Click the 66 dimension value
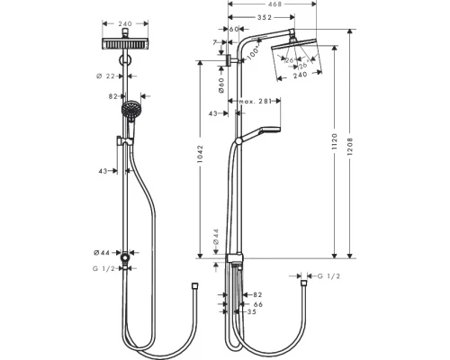tap(258, 305)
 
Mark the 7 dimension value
tap(217, 42)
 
